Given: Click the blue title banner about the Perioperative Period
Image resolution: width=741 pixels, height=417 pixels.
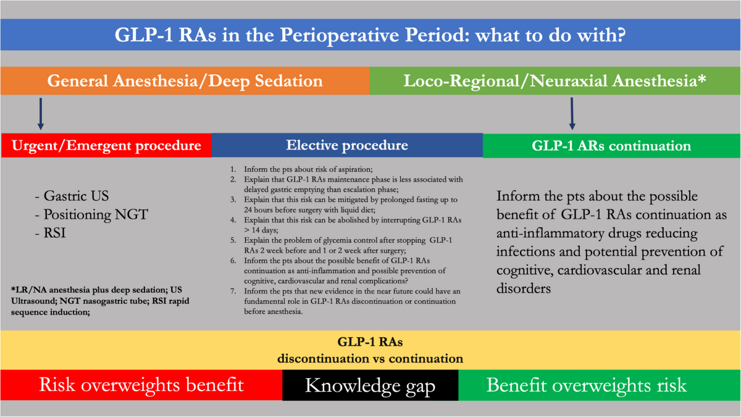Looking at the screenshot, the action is [371, 35].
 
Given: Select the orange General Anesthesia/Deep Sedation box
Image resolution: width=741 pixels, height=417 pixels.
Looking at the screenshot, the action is [185, 81].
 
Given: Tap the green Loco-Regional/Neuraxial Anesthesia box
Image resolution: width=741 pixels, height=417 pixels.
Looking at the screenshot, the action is [555, 81].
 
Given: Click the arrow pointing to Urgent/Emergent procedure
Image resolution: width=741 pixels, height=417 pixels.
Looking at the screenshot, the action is [41, 114].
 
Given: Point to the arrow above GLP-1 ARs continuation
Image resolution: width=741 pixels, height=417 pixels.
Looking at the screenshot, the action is [572, 114].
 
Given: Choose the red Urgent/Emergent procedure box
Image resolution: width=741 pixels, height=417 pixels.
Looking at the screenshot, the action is [106, 145].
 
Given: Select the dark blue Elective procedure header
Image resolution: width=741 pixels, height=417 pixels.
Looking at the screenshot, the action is [347, 145].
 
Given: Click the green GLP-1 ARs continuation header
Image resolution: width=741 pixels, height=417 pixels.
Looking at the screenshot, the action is [612, 146].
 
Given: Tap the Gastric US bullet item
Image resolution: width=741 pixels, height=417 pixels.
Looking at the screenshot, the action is [72, 196].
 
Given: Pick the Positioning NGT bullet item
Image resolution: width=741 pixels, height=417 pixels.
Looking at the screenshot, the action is [91, 214].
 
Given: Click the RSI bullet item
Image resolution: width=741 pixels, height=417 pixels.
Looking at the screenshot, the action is [50, 233].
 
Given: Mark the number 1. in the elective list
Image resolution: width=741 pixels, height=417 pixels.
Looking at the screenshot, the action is [233, 169].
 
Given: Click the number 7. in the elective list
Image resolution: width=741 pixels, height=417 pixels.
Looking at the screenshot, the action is [233, 291].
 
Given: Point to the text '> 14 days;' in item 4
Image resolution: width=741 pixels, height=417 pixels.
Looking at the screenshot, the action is [261, 230].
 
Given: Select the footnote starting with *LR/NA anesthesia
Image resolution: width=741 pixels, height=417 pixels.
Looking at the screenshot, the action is [100, 301].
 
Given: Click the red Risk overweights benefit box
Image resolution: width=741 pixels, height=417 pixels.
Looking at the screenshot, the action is [141, 385].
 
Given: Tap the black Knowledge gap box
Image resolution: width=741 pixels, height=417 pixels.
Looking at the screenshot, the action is [371, 385].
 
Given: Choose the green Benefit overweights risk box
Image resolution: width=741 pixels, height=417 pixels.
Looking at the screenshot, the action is [600, 385].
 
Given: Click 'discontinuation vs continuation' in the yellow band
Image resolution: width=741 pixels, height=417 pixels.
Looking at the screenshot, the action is [370, 358].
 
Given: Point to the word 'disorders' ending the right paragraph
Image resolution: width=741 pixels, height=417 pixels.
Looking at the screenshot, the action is [524, 289].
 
